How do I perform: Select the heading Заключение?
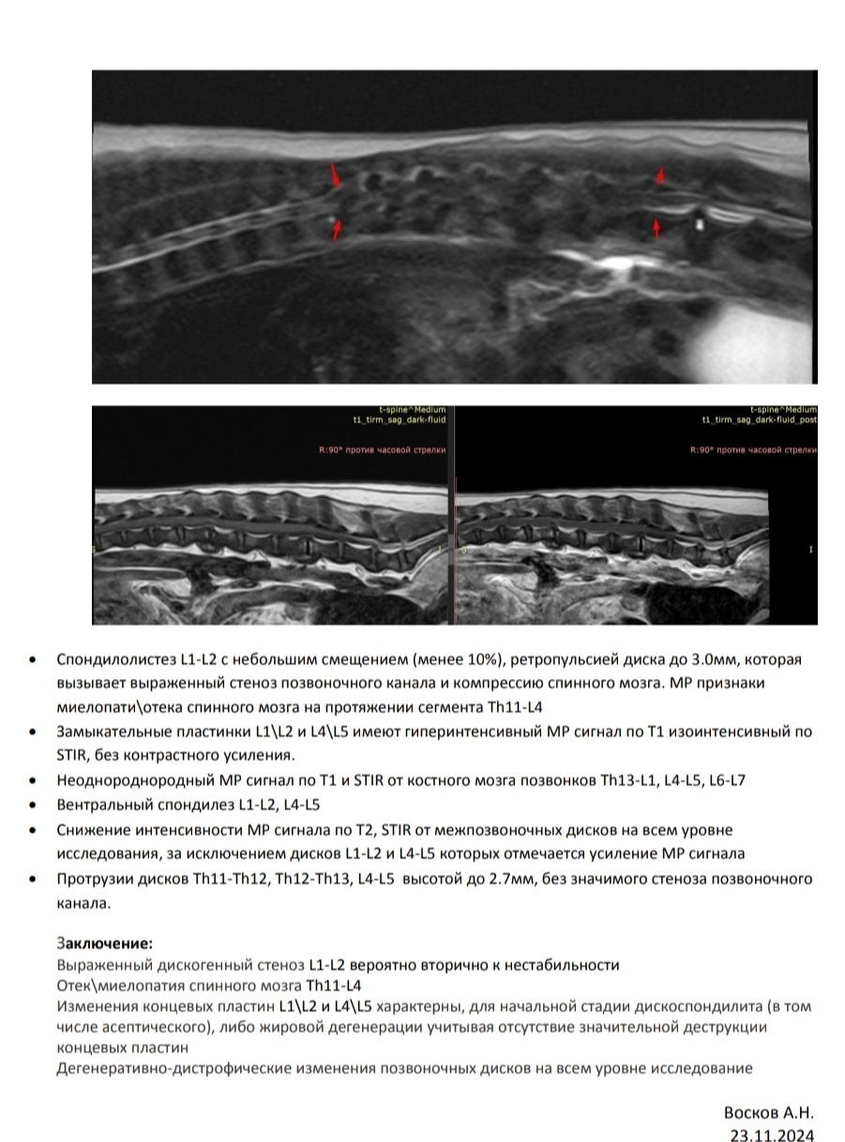[x=104, y=942]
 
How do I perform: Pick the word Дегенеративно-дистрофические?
[x=159, y=1069]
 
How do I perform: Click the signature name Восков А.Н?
[x=768, y=1113]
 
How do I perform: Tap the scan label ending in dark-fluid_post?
[x=759, y=420]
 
